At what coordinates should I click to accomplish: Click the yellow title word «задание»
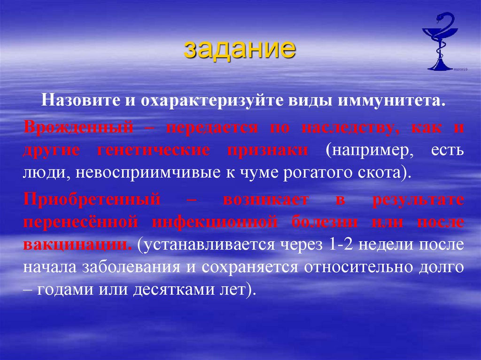240,49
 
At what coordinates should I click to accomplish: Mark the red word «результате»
418,199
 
